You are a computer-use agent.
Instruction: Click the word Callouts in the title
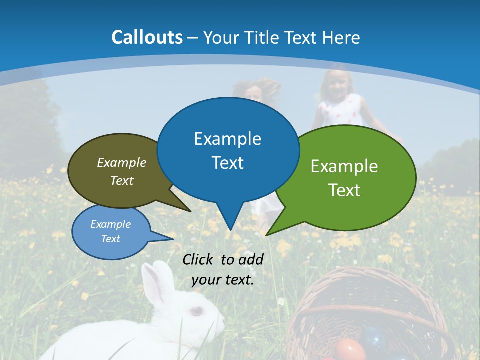pos(147,37)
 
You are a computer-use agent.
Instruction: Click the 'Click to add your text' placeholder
pos(223,270)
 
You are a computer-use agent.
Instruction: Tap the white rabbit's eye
pos(197,311)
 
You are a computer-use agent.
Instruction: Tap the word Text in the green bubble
pos(344,190)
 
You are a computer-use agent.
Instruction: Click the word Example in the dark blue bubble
pos(228,139)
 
